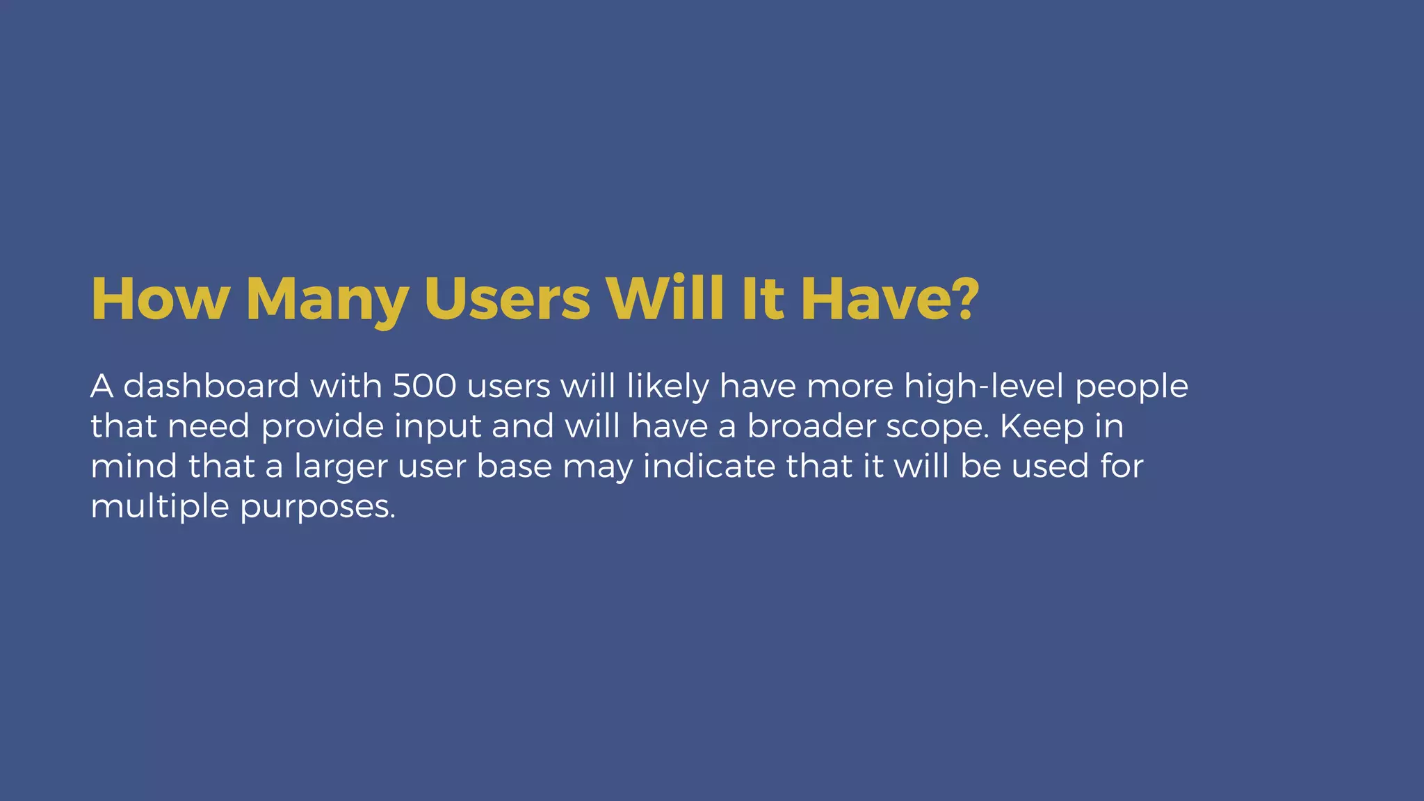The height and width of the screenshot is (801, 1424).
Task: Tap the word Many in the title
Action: tap(327, 300)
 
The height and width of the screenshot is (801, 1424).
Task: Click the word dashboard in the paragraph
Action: tap(211, 386)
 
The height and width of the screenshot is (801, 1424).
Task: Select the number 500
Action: tap(424, 386)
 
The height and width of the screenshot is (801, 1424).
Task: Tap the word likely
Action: tap(667, 387)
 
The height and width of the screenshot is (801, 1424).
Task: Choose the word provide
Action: tap(323, 427)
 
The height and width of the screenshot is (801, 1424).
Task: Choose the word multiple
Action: tap(160, 507)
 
